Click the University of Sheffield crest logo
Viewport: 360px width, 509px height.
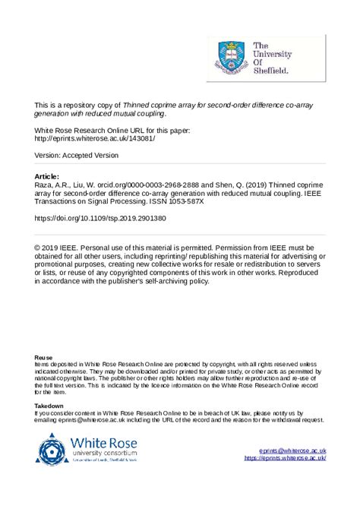[227, 55]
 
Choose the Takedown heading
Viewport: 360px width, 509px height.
[49, 406]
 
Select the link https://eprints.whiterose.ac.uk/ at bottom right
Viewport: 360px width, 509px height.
[285, 458]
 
